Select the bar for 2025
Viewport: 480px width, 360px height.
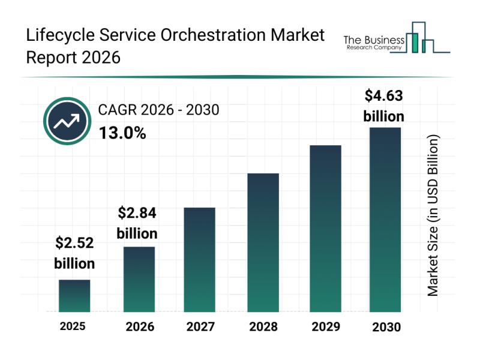(x=74, y=296)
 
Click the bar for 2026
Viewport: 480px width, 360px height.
(x=139, y=279)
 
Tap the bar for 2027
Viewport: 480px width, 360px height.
(x=200, y=259)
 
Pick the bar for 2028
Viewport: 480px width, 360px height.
(x=263, y=242)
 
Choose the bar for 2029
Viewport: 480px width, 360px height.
(x=325, y=229)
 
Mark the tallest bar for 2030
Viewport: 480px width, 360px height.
(x=385, y=220)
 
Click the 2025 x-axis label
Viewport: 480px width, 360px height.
(x=73, y=326)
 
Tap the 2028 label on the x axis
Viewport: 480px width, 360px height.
(x=263, y=327)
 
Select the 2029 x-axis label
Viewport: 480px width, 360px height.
(x=325, y=327)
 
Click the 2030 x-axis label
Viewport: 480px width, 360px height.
(x=386, y=327)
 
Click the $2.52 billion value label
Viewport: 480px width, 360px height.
(x=74, y=253)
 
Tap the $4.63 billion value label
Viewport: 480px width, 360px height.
(x=384, y=106)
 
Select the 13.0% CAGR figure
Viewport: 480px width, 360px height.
(x=122, y=133)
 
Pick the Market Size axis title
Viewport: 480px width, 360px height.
(x=433, y=215)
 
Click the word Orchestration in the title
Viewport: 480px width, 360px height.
(x=206, y=35)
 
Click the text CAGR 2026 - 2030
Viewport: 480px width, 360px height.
(x=158, y=110)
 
